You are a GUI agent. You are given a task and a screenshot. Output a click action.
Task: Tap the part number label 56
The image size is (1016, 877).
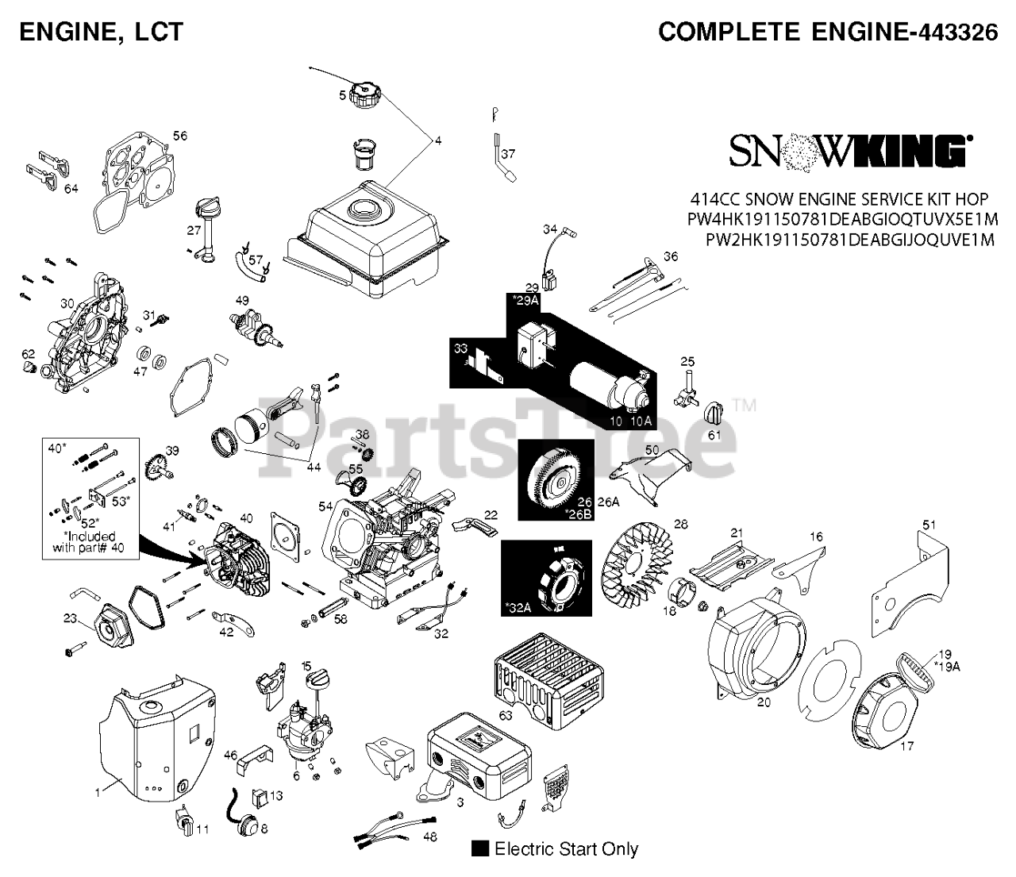coord(180,136)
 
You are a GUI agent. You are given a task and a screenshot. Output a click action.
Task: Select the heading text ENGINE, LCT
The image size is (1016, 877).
coord(101,32)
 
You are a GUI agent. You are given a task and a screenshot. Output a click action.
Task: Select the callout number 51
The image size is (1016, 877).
coord(929,525)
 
